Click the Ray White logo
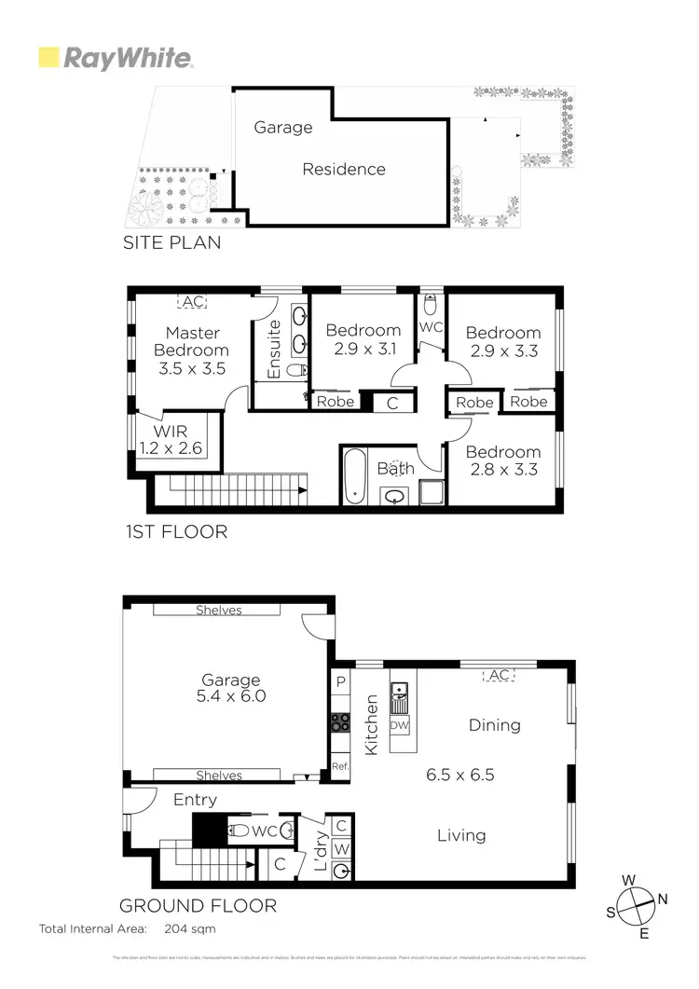(116, 58)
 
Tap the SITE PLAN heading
(172, 243)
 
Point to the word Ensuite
(275, 350)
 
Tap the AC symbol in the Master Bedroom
(194, 302)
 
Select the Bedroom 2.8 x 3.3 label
(503, 460)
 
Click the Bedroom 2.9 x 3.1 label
(363, 339)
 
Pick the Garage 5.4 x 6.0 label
(231, 688)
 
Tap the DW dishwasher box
(399, 725)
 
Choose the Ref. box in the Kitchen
(340, 765)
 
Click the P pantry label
(341, 682)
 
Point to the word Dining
(494, 725)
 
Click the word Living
(461, 835)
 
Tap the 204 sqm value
(190, 929)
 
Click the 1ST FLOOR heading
(176, 532)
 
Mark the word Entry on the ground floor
(195, 800)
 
